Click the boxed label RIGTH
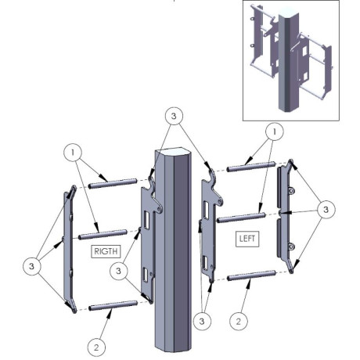pos(106,251)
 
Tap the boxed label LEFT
pos(247,239)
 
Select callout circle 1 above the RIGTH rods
pos(73,152)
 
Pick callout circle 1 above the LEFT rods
pos(275,132)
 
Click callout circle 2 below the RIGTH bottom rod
pos(96,347)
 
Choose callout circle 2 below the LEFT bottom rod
pos(239,322)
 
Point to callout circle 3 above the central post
pos(174,116)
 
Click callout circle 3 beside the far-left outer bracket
pos(32,266)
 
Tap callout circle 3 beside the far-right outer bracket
pos(326,210)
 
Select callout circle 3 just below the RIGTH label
pos(119,271)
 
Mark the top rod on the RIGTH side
pos(113,183)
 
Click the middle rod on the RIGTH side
pos(103,234)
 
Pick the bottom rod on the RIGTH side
pos(113,306)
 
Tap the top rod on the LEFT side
pos(251,167)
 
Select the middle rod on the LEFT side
pos(241,218)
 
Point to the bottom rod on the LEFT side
pos(251,275)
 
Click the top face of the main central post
pos(173,153)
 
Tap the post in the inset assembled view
pos(289,60)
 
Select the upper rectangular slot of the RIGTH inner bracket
pos(146,221)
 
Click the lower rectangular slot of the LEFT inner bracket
pos(206,263)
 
